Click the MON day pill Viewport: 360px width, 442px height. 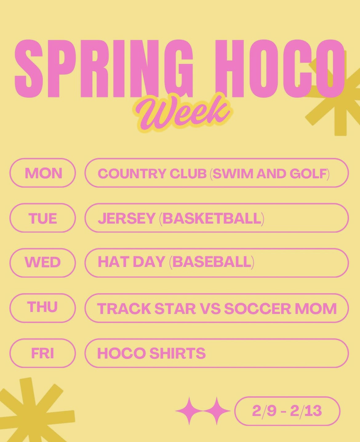pyautogui.click(x=43, y=173)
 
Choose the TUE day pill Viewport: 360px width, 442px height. pyautogui.click(x=43, y=218)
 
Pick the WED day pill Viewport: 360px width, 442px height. pyautogui.click(x=43, y=263)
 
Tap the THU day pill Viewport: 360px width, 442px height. pyautogui.click(x=43, y=307)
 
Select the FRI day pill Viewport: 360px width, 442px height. pyautogui.click(x=43, y=353)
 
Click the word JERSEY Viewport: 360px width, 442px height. pyautogui.click(x=126, y=218)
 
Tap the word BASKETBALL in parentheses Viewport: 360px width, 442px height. pyautogui.click(x=212, y=218)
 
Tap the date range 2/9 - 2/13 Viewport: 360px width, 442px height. pyautogui.click(x=287, y=411)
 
